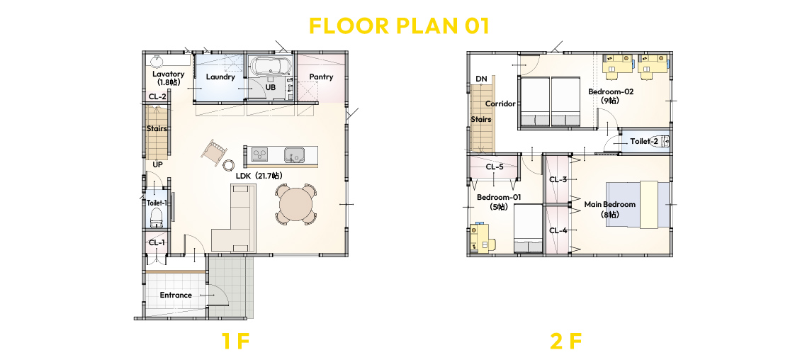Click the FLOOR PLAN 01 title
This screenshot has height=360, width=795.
(x=398, y=26)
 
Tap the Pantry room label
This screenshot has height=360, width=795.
(x=322, y=77)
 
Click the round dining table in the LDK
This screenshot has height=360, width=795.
(x=296, y=204)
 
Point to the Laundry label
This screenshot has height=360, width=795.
(x=220, y=77)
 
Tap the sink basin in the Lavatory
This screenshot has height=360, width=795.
(x=156, y=61)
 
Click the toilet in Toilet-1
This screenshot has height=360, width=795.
(x=156, y=218)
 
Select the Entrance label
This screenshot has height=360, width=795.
(x=176, y=295)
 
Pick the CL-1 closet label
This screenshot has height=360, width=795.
(x=157, y=243)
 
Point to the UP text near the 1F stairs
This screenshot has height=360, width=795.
(x=157, y=165)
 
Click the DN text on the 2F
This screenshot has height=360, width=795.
(x=481, y=79)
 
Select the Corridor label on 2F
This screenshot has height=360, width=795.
(x=500, y=104)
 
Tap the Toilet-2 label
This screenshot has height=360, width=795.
(x=644, y=142)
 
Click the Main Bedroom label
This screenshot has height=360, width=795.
(x=610, y=204)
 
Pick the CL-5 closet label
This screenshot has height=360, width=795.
(x=495, y=167)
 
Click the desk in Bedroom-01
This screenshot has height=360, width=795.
(x=482, y=238)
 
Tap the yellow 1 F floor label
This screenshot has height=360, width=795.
(x=236, y=342)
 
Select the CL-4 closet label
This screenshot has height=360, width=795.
(x=558, y=231)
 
